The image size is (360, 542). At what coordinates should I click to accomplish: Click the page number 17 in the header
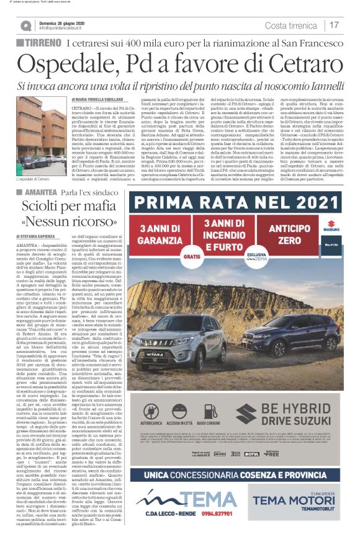pyautogui.click(x=334, y=25)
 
